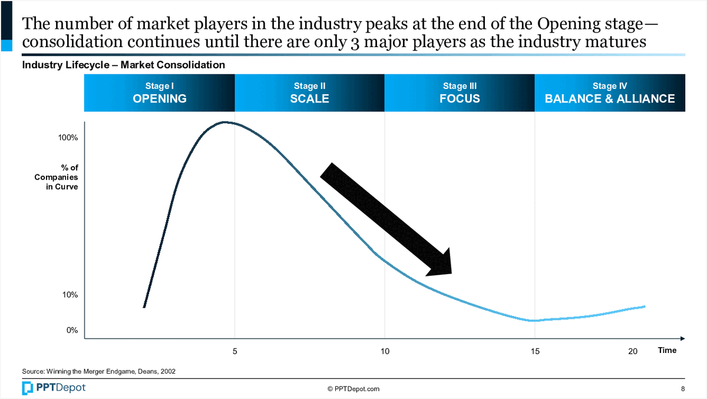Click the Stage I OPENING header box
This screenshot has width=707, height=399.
tap(160, 93)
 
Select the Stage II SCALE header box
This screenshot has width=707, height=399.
tap(309, 93)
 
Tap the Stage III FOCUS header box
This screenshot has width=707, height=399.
tap(460, 93)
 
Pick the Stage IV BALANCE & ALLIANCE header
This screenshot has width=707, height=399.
tap(610, 93)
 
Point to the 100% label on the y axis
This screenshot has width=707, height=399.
tap(68, 138)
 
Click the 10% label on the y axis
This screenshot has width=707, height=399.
tap(70, 295)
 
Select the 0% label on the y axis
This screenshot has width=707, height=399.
tap(72, 331)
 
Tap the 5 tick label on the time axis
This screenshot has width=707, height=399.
tap(235, 351)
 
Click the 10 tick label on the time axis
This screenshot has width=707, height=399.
tap(385, 351)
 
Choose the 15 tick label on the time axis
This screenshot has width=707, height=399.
tap(534, 351)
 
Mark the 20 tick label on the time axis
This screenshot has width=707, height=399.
tap(633, 351)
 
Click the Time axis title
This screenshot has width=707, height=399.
tap(667, 350)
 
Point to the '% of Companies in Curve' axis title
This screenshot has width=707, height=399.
tap(57, 177)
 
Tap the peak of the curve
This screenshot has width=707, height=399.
tap(224, 123)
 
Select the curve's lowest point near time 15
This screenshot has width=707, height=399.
tap(533, 321)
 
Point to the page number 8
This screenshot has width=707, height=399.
tap(682, 389)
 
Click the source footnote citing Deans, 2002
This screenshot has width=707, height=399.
tap(98, 371)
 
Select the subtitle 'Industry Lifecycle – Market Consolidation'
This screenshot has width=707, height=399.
tap(123, 65)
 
